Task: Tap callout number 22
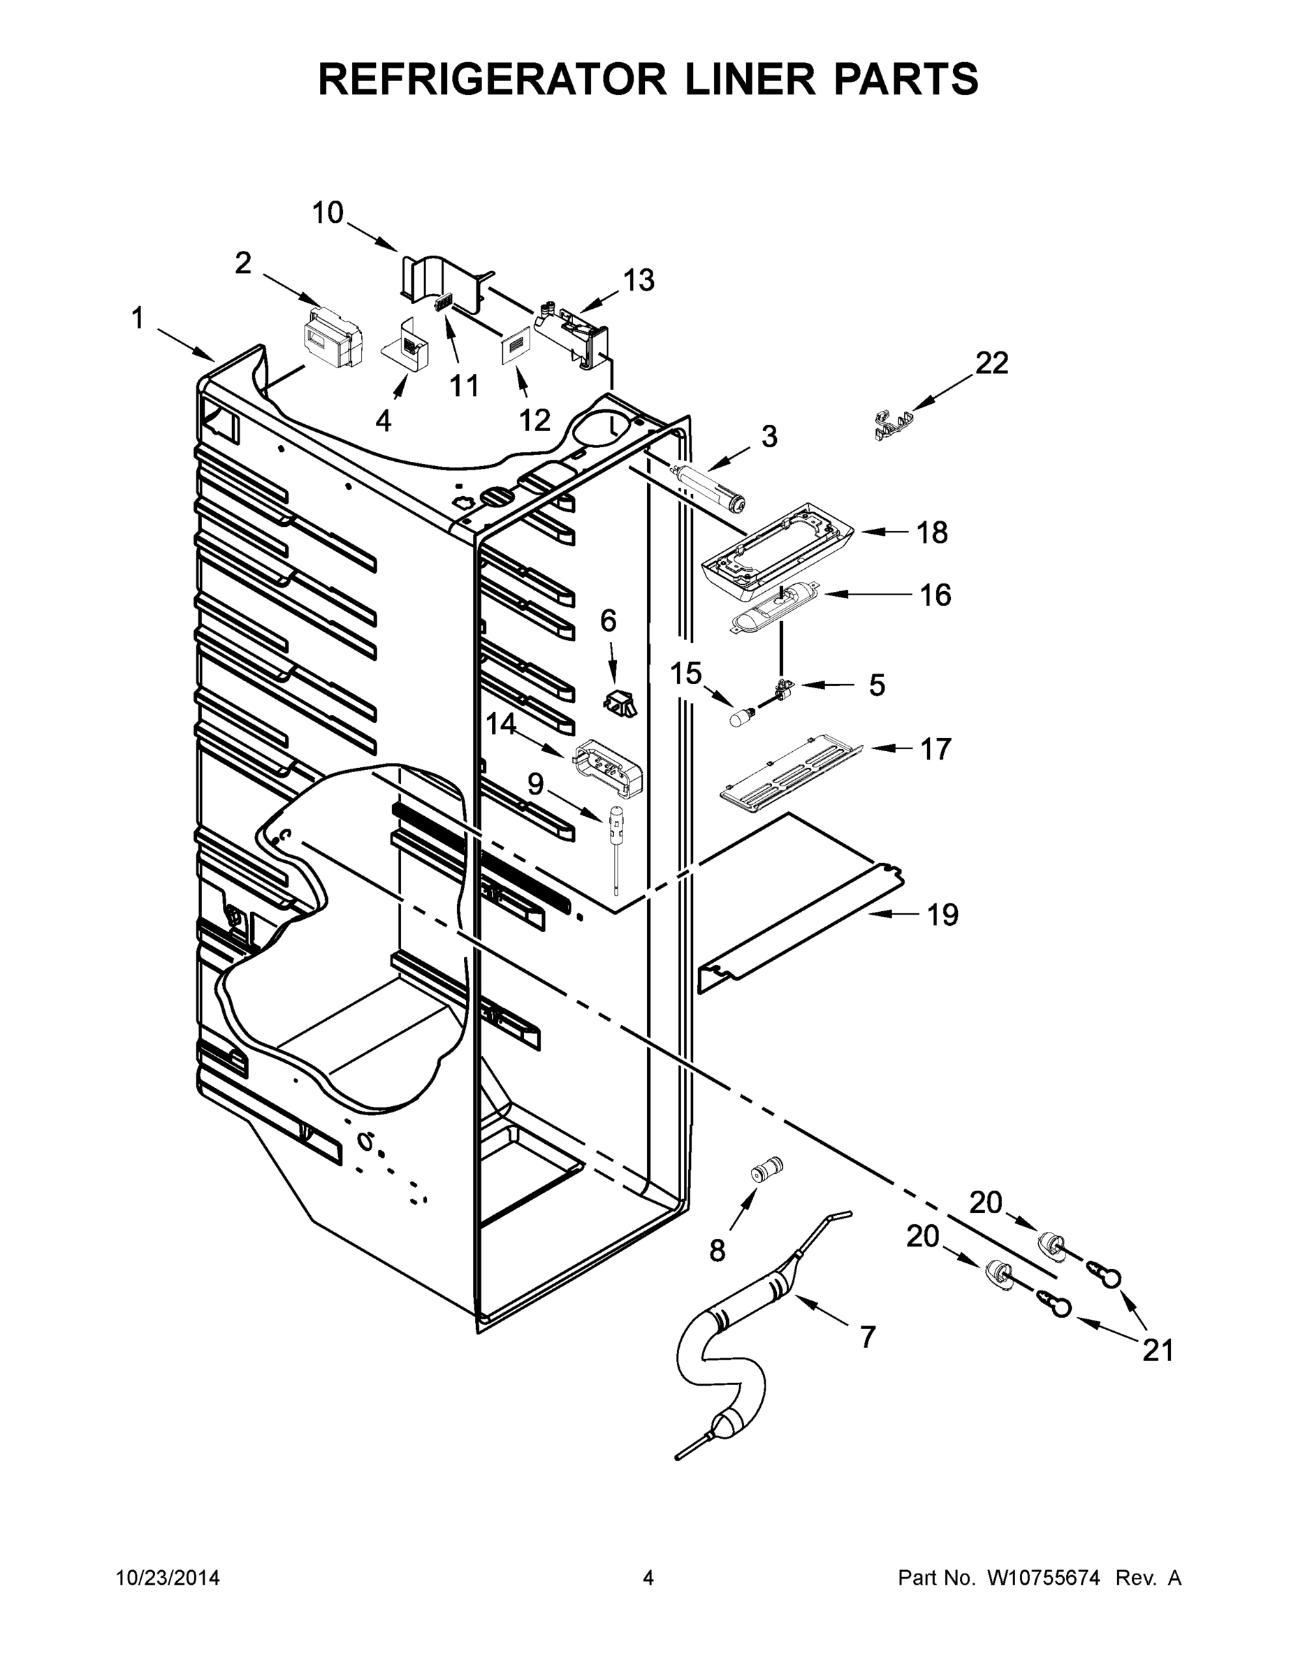(x=991, y=363)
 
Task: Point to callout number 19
(x=942, y=915)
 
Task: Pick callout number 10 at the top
(x=327, y=212)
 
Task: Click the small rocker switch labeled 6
(x=618, y=702)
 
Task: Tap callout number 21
(x=1158, y=1349)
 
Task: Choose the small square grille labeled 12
(x=516, y=347)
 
